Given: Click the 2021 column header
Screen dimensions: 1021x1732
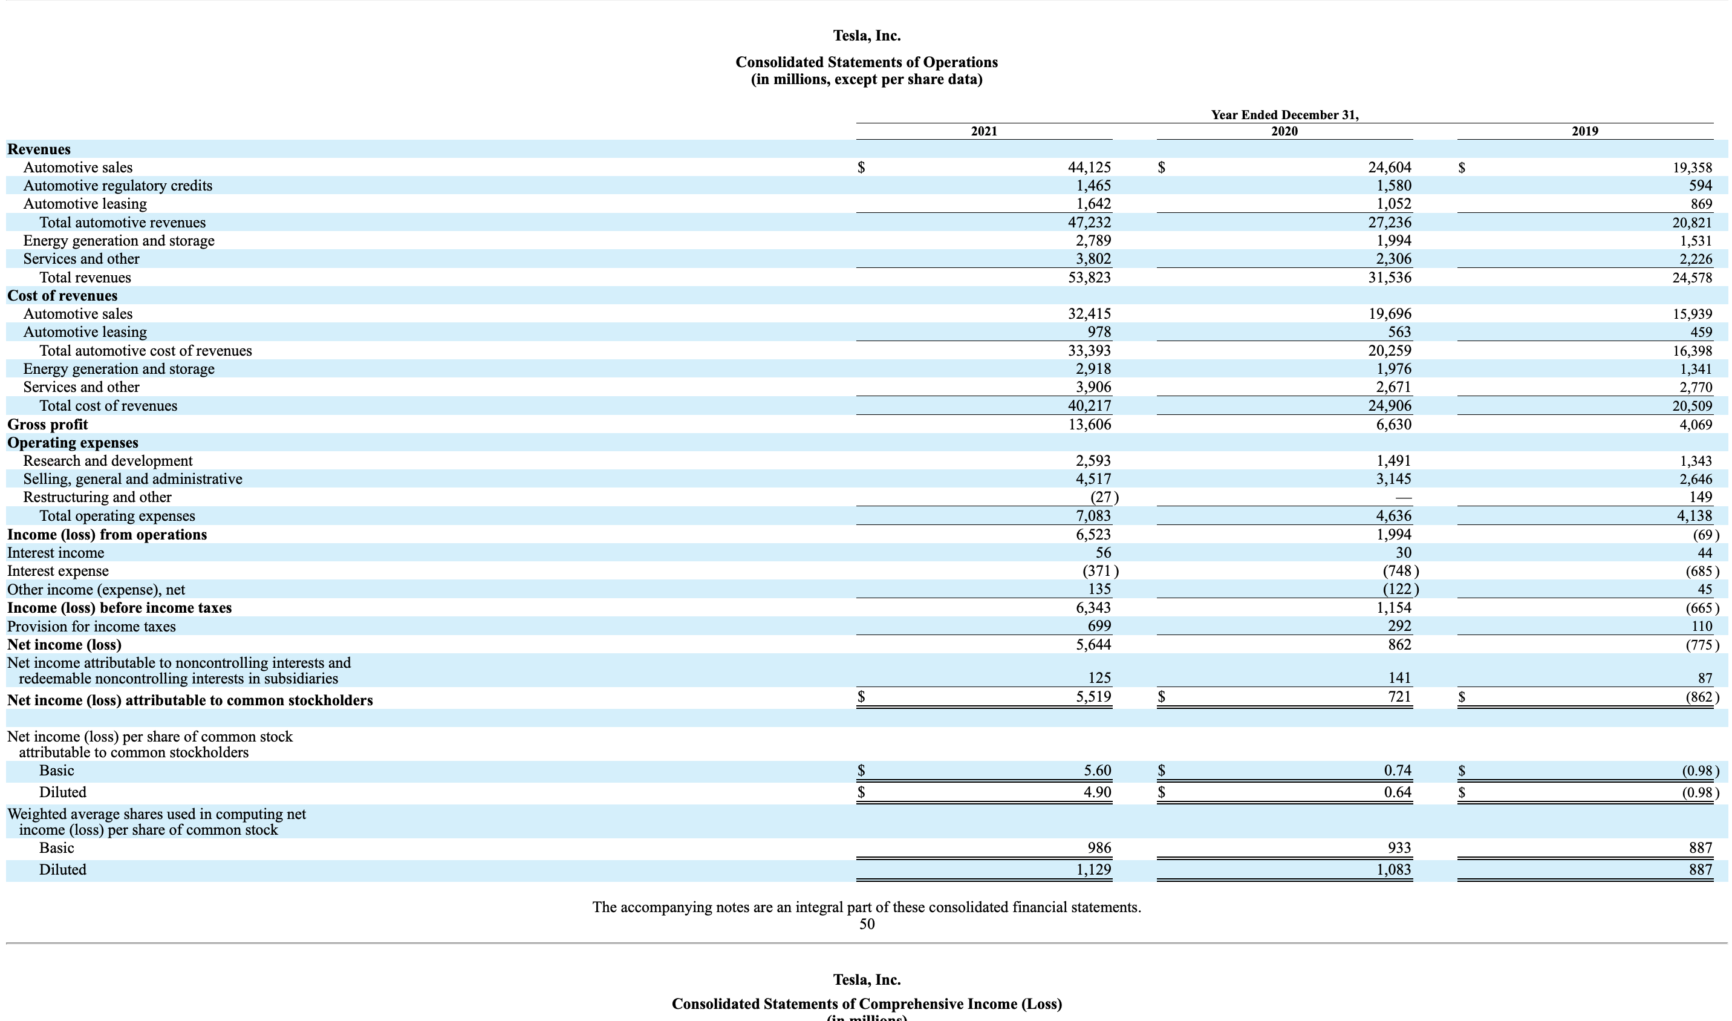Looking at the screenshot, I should [983, 131].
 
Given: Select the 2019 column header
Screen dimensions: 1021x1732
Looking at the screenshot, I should [1585, 131].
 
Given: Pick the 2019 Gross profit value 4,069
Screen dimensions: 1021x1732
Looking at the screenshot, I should [1696, 425].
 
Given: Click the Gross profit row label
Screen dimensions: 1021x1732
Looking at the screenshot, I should [47, 425].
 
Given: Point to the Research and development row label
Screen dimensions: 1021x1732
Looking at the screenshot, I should [108, 461].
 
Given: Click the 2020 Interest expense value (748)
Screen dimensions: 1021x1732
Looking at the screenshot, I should [1400, 571].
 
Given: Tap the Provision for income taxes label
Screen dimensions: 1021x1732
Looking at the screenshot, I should [91, 627].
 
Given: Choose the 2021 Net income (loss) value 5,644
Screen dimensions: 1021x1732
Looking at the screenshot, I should [1093, 645].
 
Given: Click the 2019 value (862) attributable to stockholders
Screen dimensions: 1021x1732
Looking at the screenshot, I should [1701, 697].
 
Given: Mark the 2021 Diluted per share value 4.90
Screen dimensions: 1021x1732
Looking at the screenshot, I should [1097, 792].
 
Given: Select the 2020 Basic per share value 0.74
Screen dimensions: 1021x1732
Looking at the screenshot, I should [1397, 771].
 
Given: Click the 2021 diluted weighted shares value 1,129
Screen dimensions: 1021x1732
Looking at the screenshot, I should [1093, 870].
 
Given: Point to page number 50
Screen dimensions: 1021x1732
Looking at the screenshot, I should [867, 924].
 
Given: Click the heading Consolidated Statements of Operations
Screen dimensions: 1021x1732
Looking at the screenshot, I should [866, 62].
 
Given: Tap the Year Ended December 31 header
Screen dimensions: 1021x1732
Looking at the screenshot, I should [1284, 115].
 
